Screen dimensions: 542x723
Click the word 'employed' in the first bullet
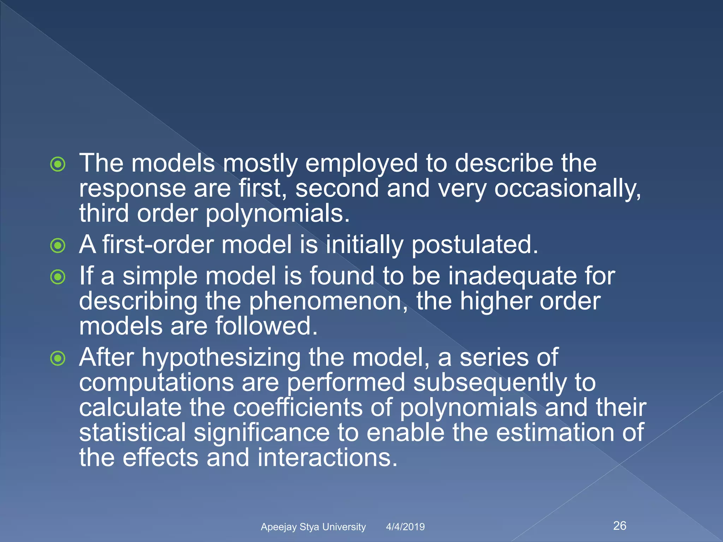pyautogui.click(x=361, y=164)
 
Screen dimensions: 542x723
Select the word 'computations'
pyautogui.click(x=156, y=383)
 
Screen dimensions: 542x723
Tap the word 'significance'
pyautogui.click(x=261, y=433)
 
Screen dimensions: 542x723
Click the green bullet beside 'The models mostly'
pyautogui.click(x=58, y=164)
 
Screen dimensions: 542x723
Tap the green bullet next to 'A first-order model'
pyautogui.click(x=58, y=246)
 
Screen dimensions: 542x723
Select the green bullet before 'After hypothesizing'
pyautogui.click(x=58, y=359)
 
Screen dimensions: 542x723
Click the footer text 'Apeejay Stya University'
pyautogui.click(x=313, y=527)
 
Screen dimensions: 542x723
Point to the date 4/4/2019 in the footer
pyautogui.click(x=405, y=527)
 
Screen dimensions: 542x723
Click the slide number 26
pyautogui.click(x=620, y=525)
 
